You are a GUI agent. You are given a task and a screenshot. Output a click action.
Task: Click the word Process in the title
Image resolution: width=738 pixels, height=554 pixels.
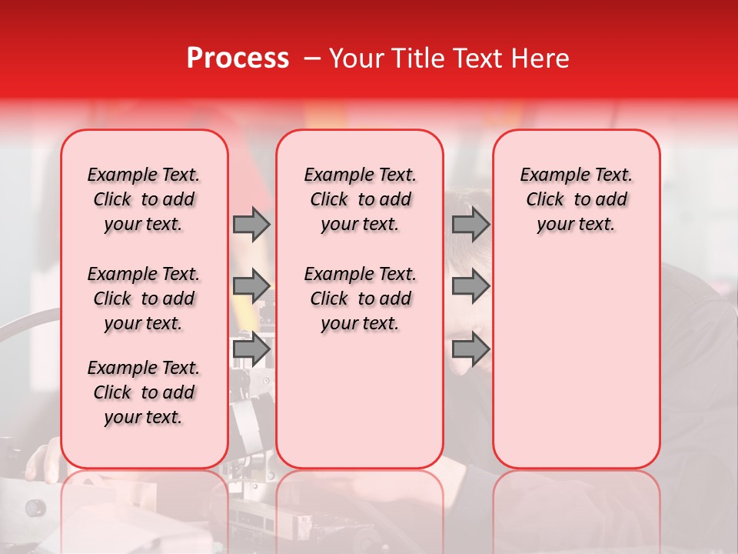click(238, 58)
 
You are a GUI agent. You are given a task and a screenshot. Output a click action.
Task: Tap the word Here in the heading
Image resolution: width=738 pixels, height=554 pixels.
click(541, 58)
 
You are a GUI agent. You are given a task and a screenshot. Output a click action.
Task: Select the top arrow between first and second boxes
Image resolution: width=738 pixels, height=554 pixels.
click(251, 225)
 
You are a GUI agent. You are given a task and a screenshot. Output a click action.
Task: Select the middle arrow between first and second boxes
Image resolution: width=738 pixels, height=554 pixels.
click(251, 287)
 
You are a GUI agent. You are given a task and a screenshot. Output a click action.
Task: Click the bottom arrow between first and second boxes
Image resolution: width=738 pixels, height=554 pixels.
click(251, 349)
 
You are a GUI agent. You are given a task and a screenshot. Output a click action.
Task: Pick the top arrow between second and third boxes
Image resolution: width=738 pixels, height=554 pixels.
click(470, 225)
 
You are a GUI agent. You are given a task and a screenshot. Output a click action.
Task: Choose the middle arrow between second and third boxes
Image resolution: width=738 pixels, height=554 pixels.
click(470, 287)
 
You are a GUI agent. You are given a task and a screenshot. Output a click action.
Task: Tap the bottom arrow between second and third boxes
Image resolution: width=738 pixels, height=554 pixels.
click(470, 349)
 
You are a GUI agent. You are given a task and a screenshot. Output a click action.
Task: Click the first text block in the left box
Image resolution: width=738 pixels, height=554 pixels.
click(144, 199)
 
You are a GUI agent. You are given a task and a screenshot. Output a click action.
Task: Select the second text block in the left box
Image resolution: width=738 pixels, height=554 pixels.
click(144, 299)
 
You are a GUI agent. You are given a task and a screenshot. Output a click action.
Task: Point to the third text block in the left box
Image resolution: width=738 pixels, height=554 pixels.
click(144, 392)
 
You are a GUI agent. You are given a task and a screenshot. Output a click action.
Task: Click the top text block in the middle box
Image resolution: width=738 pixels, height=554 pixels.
click(360, 199)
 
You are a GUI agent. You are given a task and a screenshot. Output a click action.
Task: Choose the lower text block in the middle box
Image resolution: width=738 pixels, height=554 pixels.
click(360, 299)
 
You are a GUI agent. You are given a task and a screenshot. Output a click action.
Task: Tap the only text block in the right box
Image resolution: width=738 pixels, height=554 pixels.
click(576, 199)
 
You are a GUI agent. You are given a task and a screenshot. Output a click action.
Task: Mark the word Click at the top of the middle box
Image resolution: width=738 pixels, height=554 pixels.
click(329, 200)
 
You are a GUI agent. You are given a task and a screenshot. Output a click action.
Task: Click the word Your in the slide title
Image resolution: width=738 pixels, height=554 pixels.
click(356, 58)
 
